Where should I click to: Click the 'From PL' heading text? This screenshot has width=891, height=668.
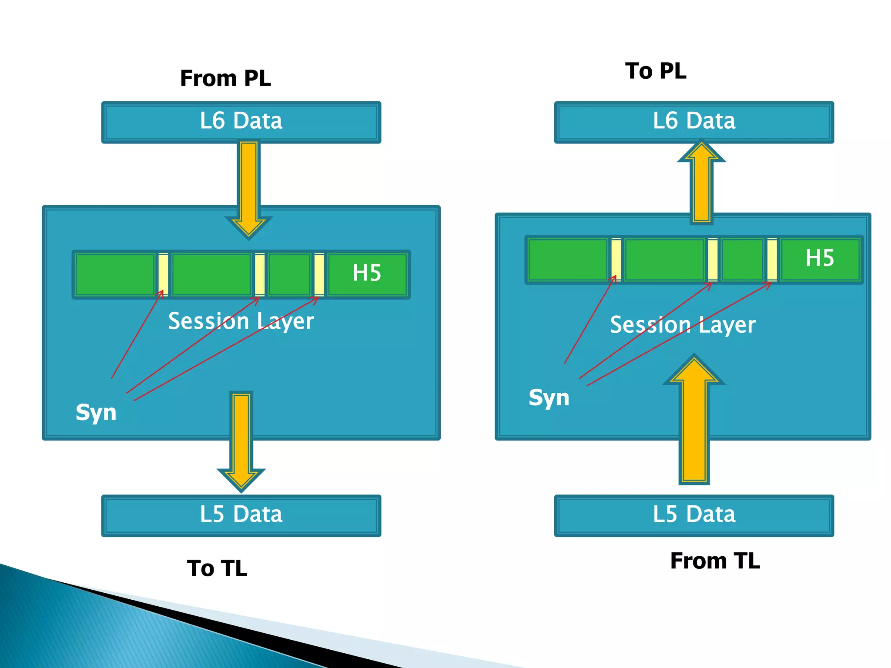click(225, 78)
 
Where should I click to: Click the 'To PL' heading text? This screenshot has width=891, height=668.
click(656, 71)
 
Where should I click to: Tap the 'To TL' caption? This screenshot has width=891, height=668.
click(217, 568)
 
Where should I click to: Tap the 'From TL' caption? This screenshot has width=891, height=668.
click(715, 561)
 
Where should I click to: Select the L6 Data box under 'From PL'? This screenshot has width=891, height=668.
click(241, 122)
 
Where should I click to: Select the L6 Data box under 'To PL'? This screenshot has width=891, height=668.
click(694, 122)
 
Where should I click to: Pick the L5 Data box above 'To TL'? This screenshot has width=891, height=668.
click(241, 515)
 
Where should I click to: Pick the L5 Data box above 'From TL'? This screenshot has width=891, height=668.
click(694, 515)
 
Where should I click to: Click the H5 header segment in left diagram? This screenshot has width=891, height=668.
click(367, 274)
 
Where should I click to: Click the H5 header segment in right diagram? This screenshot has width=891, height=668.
click(820, 259)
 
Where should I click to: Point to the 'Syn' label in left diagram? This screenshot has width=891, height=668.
click(96, 412)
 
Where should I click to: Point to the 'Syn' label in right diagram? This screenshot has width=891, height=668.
click(549, 397)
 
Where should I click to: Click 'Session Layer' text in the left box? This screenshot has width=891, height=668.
click(241, 321)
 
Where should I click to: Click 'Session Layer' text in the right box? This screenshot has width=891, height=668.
click(683, 325)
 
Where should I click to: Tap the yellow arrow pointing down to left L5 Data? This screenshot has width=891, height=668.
click(241, 439)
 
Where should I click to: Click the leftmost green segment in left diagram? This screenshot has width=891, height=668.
click(115, 274)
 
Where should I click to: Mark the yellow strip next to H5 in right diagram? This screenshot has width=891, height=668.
click(772, 260)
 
